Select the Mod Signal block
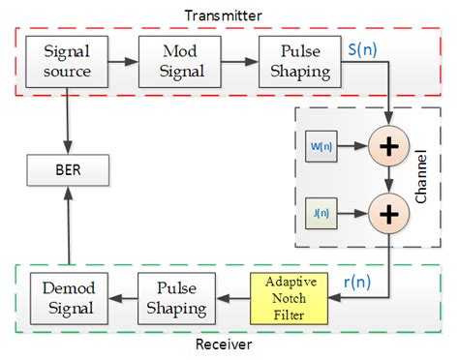pyautogui.click(x=171, y=60)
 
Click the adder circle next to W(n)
pyautogui.click(x=388, y=148)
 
